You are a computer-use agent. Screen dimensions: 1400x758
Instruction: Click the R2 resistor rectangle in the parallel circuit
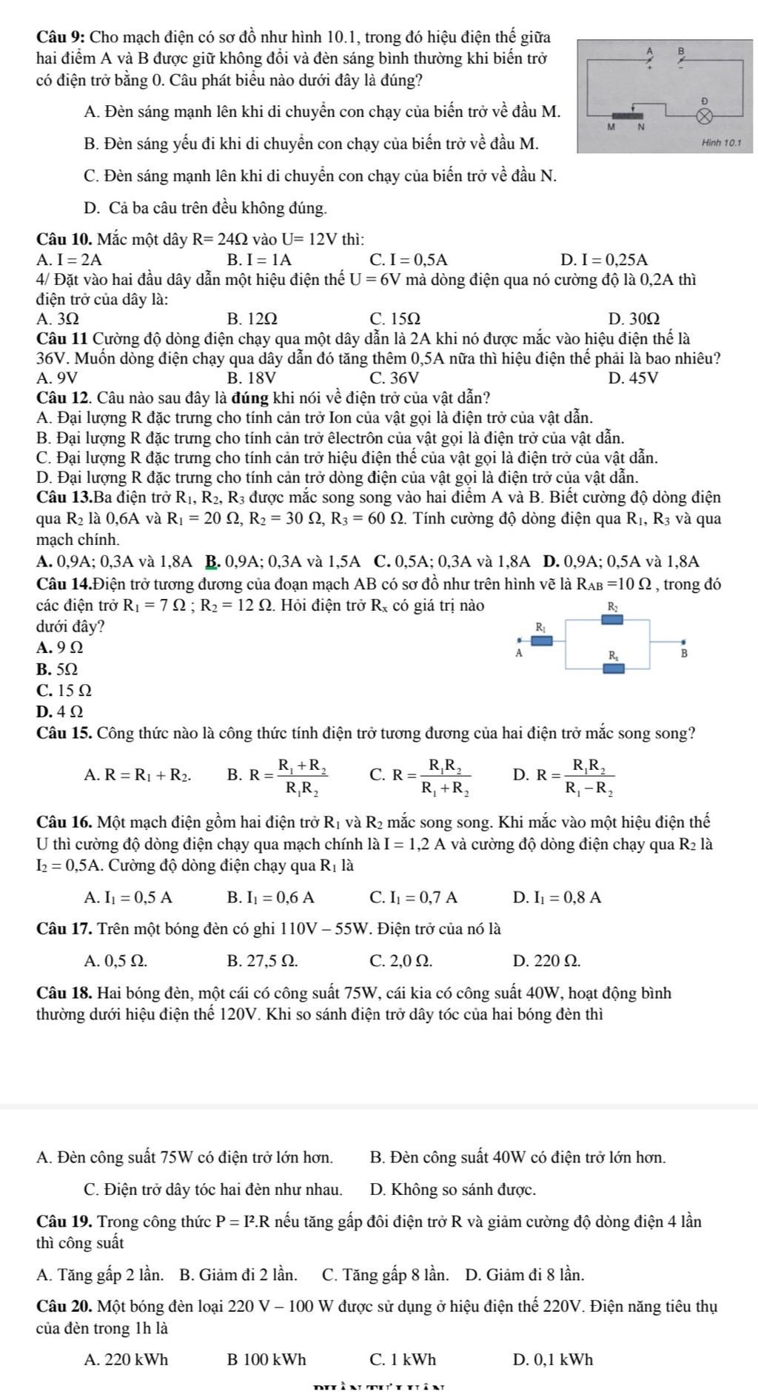click(x=611, y=619)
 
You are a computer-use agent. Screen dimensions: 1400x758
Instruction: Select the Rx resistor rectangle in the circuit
click(x=613, y=669)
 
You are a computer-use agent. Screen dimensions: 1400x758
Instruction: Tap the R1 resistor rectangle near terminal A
click(x=542, y=640)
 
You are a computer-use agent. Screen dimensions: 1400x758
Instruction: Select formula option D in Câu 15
click(x=563, y=774)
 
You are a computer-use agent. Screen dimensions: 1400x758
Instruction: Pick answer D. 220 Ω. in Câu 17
click(x=546, y=961)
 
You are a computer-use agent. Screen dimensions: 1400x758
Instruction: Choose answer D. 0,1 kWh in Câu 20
click(x=552, y=1359)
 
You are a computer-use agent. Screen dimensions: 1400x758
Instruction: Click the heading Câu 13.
click(x=65, y=498)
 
